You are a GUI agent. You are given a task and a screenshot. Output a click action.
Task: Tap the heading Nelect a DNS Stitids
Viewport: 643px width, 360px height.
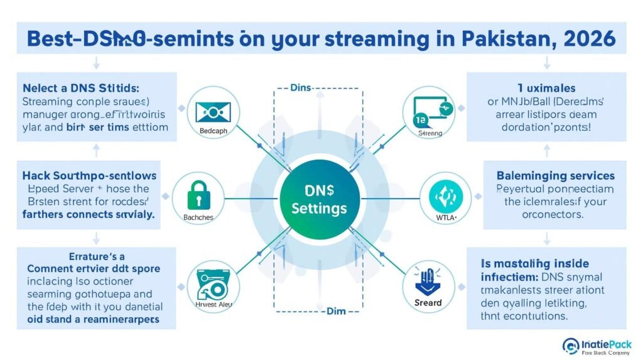pyautogui.click(x=78, y=87)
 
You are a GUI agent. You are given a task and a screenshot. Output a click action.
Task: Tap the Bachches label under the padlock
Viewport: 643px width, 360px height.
pyautogui.click(x=197, y=217)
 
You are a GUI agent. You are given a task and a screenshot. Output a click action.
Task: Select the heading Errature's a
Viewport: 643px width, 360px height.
pyautogui.click(x=92, y=256)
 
